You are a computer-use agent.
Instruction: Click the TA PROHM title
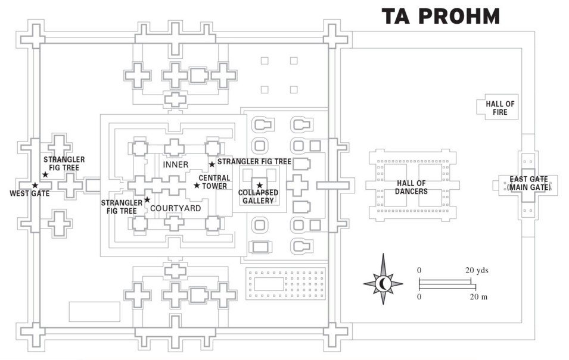coord(440,17)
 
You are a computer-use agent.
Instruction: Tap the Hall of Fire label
coord(500,108)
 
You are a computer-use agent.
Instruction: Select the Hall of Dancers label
coord(411,187)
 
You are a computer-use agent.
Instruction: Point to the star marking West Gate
coord(35,186)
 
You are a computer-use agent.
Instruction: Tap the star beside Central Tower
coord(197,186)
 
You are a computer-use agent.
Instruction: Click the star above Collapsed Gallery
coord(259,186)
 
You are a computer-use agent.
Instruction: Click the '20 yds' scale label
coord(477,271)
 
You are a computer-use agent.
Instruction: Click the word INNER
coord(175,164)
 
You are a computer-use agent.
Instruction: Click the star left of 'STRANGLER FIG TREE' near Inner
coord(212,164)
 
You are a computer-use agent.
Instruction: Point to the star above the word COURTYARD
coord(147,199)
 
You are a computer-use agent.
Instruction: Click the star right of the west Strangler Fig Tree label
coord(45,174)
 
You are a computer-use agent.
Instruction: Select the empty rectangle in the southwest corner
coord(86,311)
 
